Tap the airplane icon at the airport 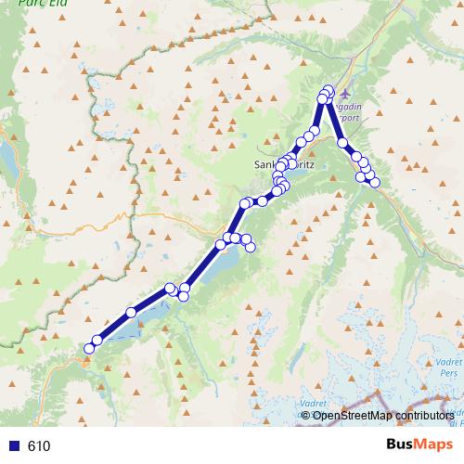(346, 94)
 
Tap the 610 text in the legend (39, 445)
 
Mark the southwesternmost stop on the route (89, 348)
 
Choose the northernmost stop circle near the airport (328, 90)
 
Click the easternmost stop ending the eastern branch (375, 183)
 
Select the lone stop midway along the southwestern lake (131, 312)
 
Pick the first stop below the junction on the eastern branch (342, 143)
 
